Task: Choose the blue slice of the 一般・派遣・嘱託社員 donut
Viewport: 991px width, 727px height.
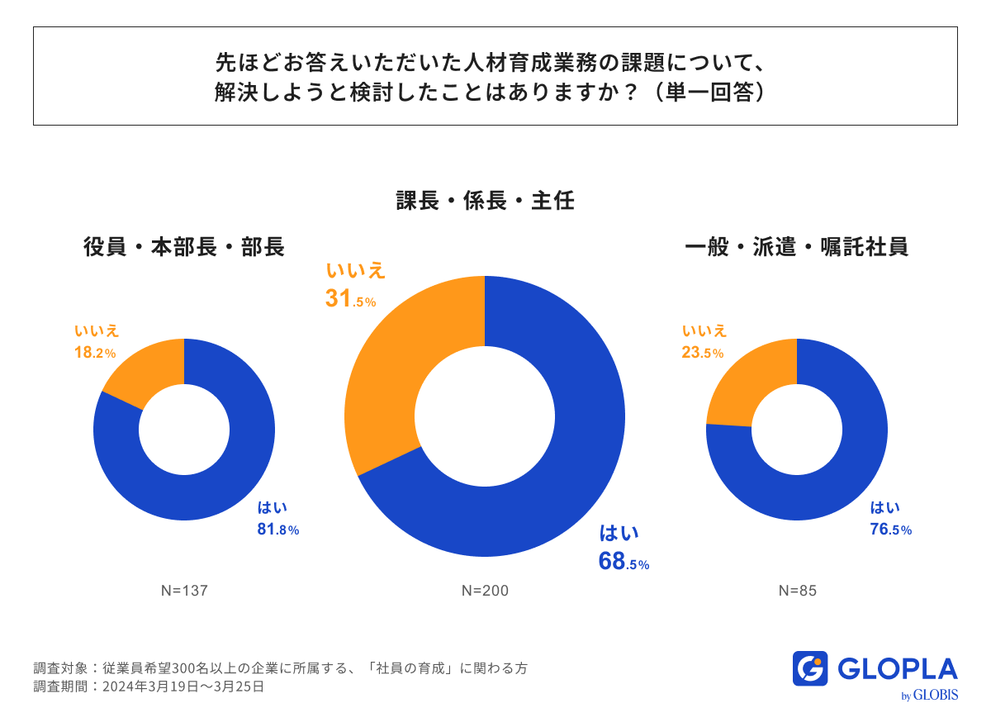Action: click(x=834, y=479)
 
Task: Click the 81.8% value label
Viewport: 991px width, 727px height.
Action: click(x=277, y=530)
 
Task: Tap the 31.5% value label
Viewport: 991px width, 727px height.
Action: click(x=350, y=299)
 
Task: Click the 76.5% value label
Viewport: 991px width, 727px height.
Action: click(x=890, y=530)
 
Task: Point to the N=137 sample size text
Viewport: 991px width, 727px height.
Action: click(x=183, y=591)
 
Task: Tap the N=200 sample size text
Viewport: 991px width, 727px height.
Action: click(x=485, y=591)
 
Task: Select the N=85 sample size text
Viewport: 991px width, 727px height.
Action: click(x=797, y=591)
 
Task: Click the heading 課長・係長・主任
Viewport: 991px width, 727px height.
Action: click(x=485, y=201)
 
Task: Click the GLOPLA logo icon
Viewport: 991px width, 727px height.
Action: click(x=809, y=668)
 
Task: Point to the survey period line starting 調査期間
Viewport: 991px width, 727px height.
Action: click(x=149, y=687)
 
